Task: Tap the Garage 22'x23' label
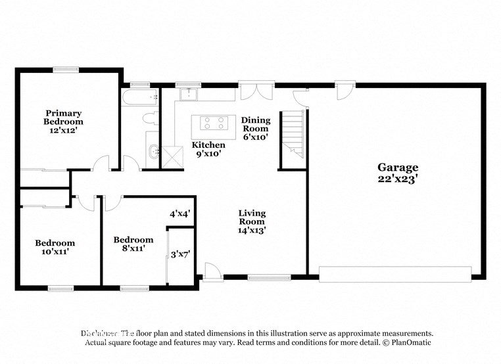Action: [397, 173]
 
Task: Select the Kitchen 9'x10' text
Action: [208, 149]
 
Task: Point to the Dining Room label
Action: [255, 129]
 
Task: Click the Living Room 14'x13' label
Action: [252, 221]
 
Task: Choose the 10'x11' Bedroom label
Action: [55, 247]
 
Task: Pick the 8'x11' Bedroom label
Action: [133, 244]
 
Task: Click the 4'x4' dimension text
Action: [179, 214]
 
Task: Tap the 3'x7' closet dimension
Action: [180, 254]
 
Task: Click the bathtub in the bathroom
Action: [140, 99]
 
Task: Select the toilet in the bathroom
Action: [150, 119]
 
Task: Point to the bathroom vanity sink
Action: [153, 152]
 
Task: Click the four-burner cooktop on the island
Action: [213, 123]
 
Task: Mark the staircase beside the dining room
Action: [293, 135]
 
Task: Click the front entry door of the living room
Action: [212, 271]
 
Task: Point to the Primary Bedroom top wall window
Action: [66, 68]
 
